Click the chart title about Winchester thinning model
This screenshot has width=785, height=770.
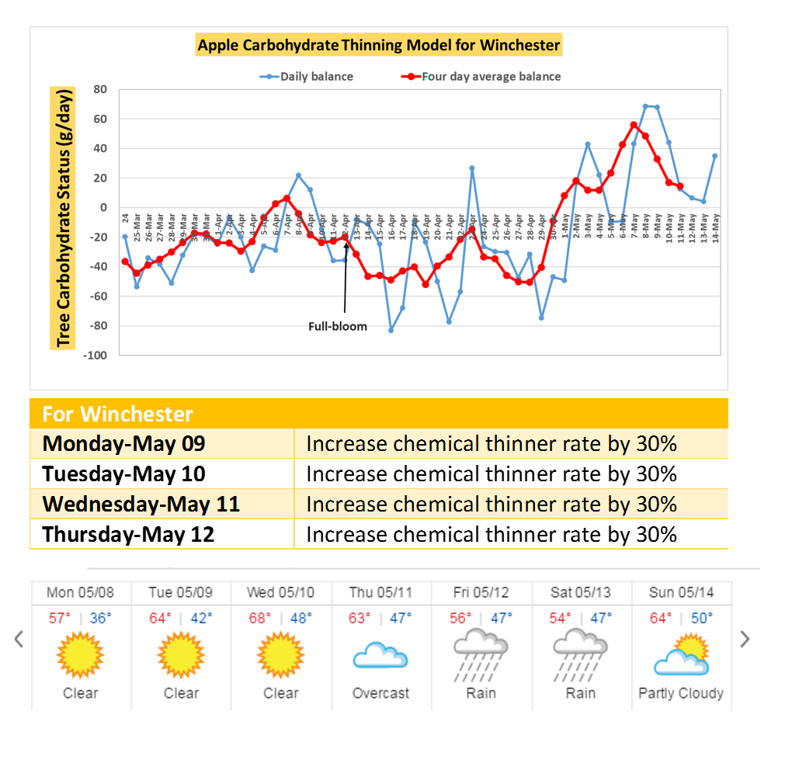[378, 45]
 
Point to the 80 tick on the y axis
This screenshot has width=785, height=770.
[100, 89]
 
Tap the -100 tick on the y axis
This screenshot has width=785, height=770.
[96, 355]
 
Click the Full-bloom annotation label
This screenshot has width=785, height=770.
[338, 327]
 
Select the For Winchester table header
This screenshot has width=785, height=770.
[117, 413]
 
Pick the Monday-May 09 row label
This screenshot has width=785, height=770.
[123, 443]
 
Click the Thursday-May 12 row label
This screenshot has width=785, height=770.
[128, 534]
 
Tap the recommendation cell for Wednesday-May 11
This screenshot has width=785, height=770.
[491, 504]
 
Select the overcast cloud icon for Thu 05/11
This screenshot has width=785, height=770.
[380, 656]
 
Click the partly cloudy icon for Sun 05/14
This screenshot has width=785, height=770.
[680, 654]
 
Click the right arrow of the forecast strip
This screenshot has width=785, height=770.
[745, 639]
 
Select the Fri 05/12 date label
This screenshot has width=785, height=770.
[481, 592]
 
